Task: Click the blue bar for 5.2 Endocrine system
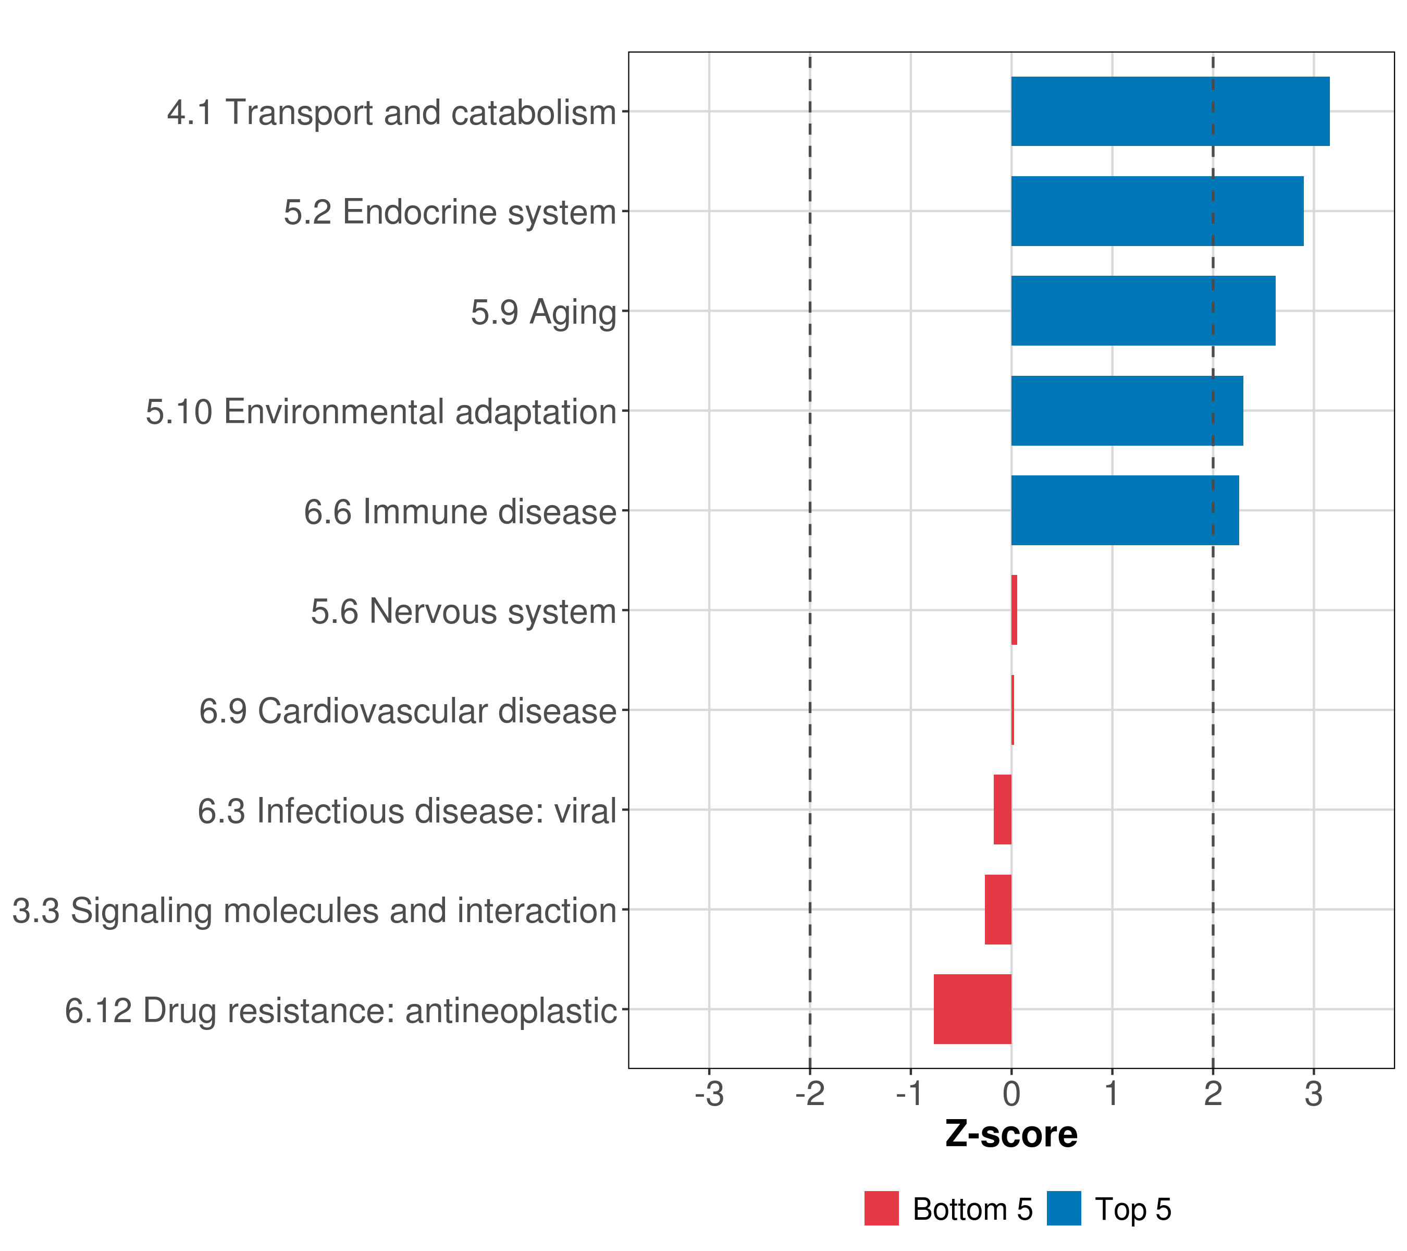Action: pyautogui.click(x=1156, y=212)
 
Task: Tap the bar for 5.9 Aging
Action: pyautogui.click(x=1143, y=311)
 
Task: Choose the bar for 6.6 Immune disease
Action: pyautogui.click(x=1124, y=510)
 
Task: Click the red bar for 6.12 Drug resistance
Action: pyautogui.click(x=972, y=1009)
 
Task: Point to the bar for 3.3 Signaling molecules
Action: pyautogui.click(x=997, y=909)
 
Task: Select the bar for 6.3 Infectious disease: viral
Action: pyautogui.click(x=1002, y=809)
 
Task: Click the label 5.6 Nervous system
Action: pyautogui.click(x=463, y=611)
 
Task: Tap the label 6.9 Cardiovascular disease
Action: pyautogui.click(x=408, y=710)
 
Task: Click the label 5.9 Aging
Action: pyautogui.click(x=543, y=312)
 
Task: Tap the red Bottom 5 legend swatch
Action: pyautogui.click(x=881, y=1208)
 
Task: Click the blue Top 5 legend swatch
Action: pyautogui.click(x=1064, y=1208)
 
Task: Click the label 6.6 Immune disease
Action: pyautogui.click(x=460, y=511)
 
